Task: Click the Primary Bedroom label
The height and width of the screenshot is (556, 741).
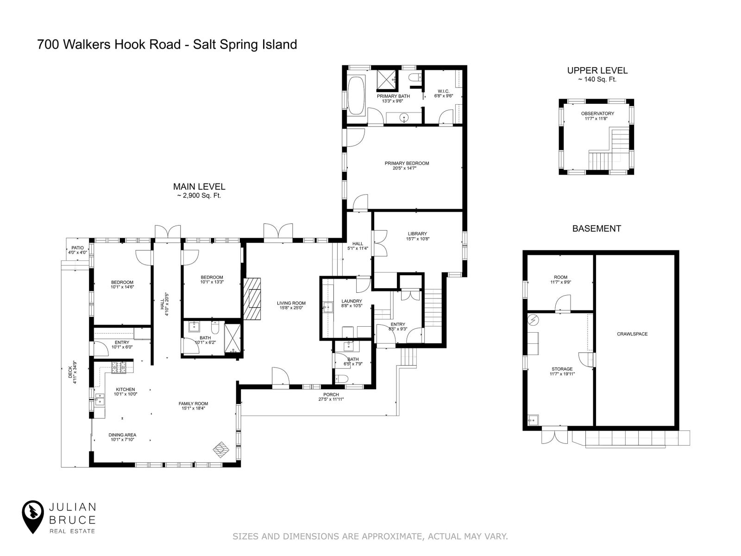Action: [407, 163]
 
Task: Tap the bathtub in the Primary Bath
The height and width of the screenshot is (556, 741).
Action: [356, 96]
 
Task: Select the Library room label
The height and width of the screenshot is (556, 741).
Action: [417, 234]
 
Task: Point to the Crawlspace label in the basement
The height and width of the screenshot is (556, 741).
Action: [632, 334]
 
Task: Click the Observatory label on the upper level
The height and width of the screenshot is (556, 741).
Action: [597, 114]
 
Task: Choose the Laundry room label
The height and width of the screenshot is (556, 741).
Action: [352, 301]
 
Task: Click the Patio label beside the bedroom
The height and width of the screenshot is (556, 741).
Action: [77, 248]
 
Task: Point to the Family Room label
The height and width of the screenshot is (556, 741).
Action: [193, 404]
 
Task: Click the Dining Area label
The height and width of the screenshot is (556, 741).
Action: [122, 435]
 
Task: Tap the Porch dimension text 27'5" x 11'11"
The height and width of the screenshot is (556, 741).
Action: [331, 399]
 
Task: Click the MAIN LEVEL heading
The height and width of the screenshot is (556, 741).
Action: [199, 187]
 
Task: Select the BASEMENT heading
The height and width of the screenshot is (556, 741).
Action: [597, 228]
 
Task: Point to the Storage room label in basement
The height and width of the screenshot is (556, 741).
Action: [562, 369]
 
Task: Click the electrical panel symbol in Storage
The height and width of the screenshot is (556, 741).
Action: [534, 320]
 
